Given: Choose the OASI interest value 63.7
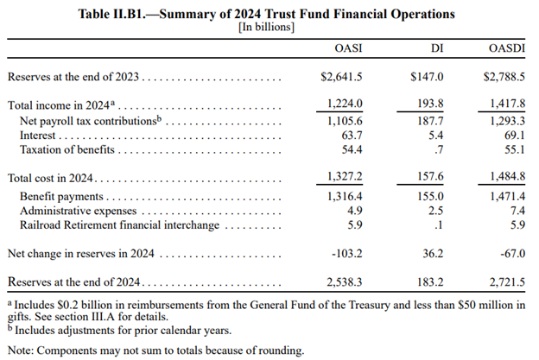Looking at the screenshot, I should [x=352, y=136].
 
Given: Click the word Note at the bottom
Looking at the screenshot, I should [x=22, y=351].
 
